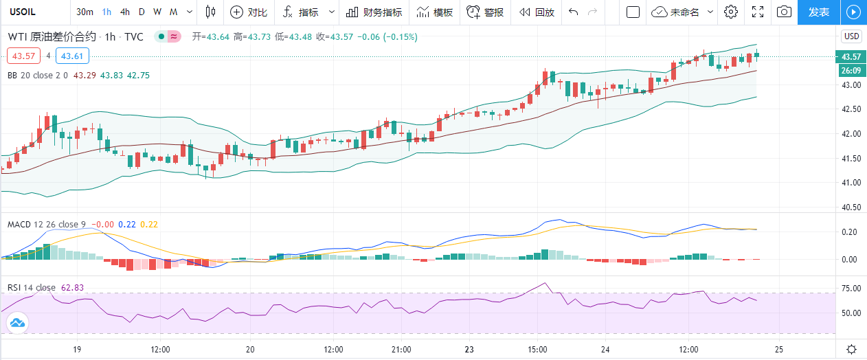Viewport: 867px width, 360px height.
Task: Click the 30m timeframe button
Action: pyautogui.click(x=85, y=12)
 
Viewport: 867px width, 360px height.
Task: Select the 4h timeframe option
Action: pyautogui.click(x=124, y=12)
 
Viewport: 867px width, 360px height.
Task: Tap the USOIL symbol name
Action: pyautogui.click(x=19, y=12)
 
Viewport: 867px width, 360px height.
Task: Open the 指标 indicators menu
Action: pyautogui.click(x=301, y=12)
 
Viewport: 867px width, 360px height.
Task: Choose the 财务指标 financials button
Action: pyautogui.click(x=374, y=12)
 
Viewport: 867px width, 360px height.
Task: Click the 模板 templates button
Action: pyautogui.click(x=435, y=12)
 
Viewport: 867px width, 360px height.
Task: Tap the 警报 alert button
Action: pyautogui.click(x=485, y=12)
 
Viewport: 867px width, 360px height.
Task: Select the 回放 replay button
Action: pyautogui.click(x=537, y=12)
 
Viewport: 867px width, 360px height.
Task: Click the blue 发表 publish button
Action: pyautogui.click(x=818, y=12)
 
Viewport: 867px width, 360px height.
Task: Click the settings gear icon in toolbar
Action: pyautogui.click(x=731, y=12)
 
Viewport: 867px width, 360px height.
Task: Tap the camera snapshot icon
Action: pyautogui.click(x=783, y=12)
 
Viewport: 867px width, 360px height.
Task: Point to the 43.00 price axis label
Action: pyautogui.click(x=851, y=85)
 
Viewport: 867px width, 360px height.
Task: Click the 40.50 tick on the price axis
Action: pyautogui.click(x=851, y=207)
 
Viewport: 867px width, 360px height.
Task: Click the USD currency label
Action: pyautogui.click(x=851, y=36)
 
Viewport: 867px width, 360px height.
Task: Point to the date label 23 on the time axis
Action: pyautogui.click(x=469, y=348)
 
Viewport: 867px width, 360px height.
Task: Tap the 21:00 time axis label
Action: pyautogui.click(x=401, y=348)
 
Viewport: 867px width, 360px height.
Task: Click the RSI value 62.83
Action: pyautogui.click(x=73, y=288)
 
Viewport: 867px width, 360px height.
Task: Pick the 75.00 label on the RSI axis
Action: pyautogui.click(x=851, y=288)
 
